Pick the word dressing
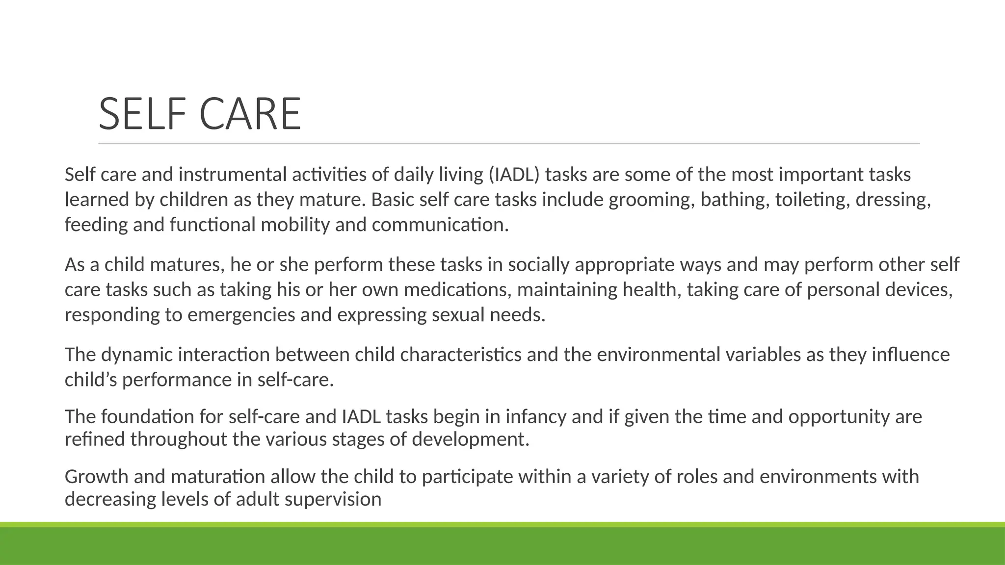pyautogui.click(x=893, y=200)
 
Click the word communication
pyautogui.click(x=440, y=225)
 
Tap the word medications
pyautogui.click(x=457, y=290)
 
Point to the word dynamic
pyautogui.click(x=136, y=355)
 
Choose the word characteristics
pyautogui.click(x=460, y=355)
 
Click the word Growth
pyautogui.click(x=96, y=477)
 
